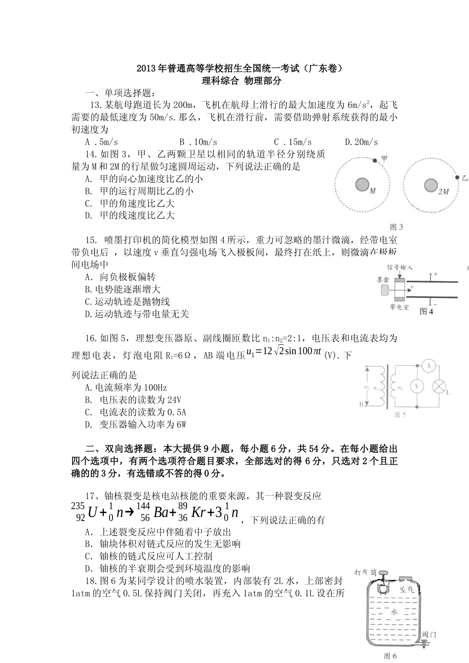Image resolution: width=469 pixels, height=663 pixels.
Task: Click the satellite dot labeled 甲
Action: pyautogui.click(x=375, y=160)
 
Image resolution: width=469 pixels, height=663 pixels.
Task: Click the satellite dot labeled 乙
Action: pyautogui.click(x=457, y=178)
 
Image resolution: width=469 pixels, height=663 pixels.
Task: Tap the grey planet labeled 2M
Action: pyautogui.click(x=431, y=185)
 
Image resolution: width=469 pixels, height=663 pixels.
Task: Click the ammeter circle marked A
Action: pyautogui.click(x=429, y=366)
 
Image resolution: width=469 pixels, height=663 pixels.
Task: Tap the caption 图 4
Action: pyautogui.click(x=426, y=311)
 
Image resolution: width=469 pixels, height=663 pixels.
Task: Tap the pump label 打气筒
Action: pyautogui.click(x=366, y=572)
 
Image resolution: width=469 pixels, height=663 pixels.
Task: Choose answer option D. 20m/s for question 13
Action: pyautogui.click(x=361, y=142)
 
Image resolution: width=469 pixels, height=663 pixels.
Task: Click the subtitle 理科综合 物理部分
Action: pyautogui.click(x=241, y=81)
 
